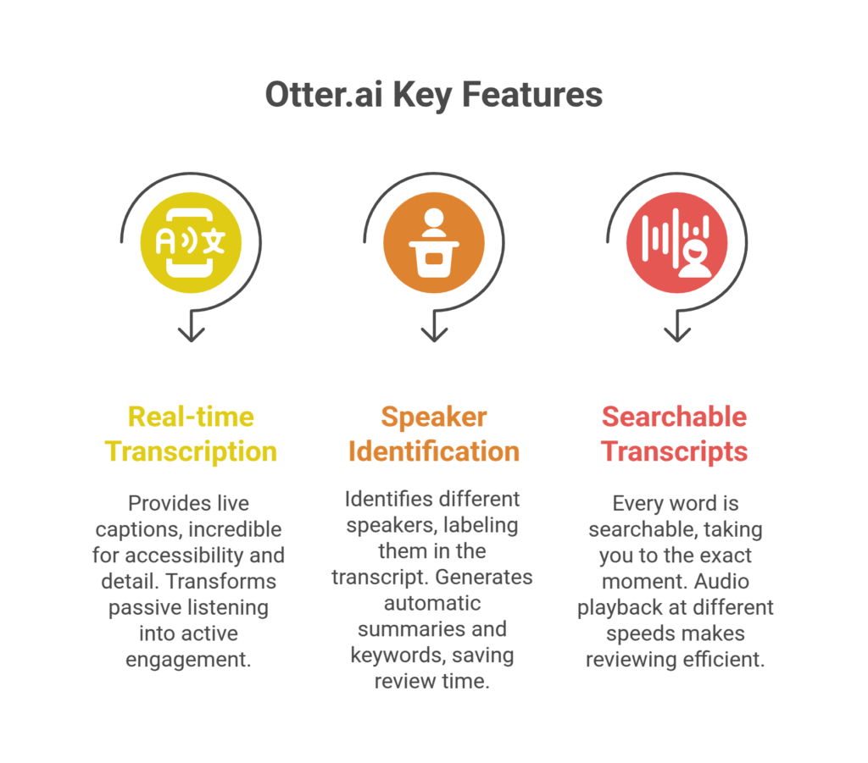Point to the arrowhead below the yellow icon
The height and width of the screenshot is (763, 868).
click(192, 332)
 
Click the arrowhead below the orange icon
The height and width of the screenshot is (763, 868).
click(434, 332)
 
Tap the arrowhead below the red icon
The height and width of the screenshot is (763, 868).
click(676, 332)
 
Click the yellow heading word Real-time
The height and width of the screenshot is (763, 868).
click(191, 417)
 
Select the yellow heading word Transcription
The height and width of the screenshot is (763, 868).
click(191, 451)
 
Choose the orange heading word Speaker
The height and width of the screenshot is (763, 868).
click(434, 417)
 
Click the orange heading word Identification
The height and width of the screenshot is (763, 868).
click(434, 451)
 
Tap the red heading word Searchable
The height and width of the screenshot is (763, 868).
click(675, 417)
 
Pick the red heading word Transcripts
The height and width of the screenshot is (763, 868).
click(675, 451)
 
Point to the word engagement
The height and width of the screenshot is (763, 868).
click(188, 659)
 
